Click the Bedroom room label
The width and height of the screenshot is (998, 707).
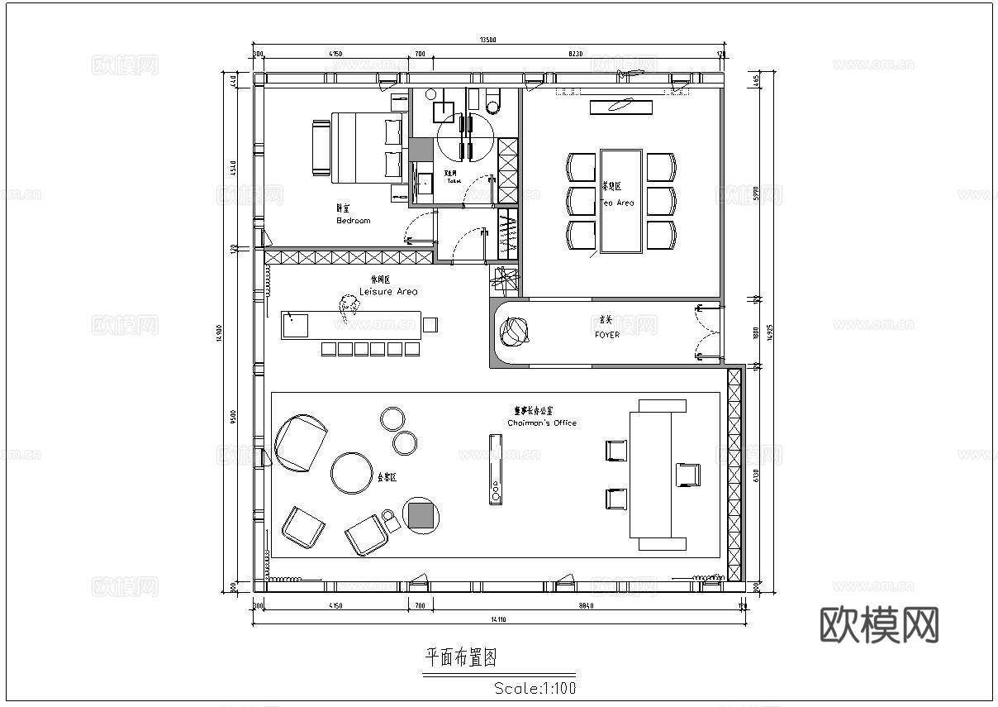pos(353,221)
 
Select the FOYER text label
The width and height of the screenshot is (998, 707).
pos(606,335)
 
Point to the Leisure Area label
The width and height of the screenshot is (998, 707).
pos(388,291)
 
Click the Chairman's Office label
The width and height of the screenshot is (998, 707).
pos(542,423)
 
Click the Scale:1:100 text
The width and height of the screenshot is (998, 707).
pos(535,687)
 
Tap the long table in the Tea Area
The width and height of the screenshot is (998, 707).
pos(621,201)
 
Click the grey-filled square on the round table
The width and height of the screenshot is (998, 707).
pos(421,515)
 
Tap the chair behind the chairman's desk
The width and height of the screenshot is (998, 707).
pos(687,475)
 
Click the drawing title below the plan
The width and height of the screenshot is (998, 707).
pos(460,657)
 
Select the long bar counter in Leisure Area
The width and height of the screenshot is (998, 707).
pos(351,324)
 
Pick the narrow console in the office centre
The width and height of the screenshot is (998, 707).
pos(496,470)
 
